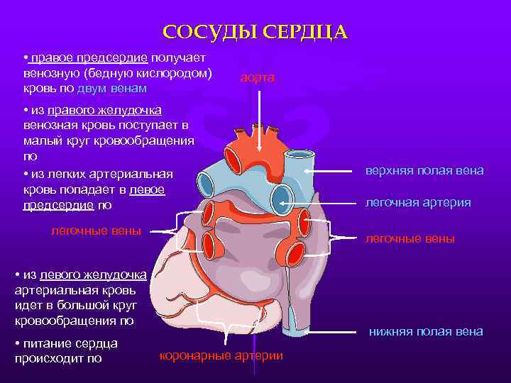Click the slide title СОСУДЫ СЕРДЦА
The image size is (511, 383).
pos(255,32)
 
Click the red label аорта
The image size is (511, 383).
pos(256,77)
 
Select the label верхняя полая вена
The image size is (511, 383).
pos(424,171)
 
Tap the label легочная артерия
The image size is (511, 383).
pos(417,202)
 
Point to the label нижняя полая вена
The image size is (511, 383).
pos(426,331)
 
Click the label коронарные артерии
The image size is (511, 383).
pos(221,355)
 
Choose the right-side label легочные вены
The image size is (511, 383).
pos(410,239)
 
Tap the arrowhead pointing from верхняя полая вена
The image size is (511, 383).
pos(308,171)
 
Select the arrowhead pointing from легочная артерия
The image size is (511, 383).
pos(282,202)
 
